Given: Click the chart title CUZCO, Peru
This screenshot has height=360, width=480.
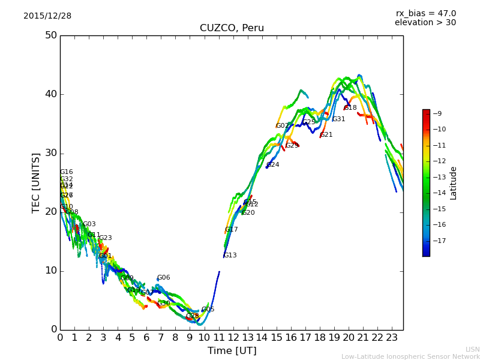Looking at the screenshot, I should (x=232, y=28).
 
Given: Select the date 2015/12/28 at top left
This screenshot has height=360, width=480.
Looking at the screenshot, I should (x=47, y=16).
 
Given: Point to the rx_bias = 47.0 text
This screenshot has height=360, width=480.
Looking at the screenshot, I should (x=425, y=14).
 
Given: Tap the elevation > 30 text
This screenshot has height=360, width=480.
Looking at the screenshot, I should (x=425, y=23).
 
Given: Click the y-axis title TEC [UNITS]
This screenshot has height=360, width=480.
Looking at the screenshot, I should (x=36, y=182).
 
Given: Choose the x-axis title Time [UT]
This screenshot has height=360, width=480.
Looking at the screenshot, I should (x=232, y=351).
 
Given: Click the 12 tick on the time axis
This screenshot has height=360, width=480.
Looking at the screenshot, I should (x=233, y=337).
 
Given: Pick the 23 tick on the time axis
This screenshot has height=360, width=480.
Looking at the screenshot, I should (x=392, y=337).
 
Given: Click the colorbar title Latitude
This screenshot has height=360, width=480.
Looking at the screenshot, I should (x=454, y=183).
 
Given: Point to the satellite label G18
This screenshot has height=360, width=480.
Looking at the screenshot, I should (x=350, y=108).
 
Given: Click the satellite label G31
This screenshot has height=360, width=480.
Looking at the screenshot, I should (x=339, y=119).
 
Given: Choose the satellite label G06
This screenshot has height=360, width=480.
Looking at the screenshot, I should (x=164, y=278).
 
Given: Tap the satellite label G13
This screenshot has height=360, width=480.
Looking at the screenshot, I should (x=230, y=256).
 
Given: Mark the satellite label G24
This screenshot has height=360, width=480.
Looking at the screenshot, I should (x=273, y=165).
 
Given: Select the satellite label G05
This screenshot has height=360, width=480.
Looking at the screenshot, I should (x=208, y=310).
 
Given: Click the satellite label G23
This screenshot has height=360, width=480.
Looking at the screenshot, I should (x=106, y=238).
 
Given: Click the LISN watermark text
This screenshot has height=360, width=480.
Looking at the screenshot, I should (x=472, y=349).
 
